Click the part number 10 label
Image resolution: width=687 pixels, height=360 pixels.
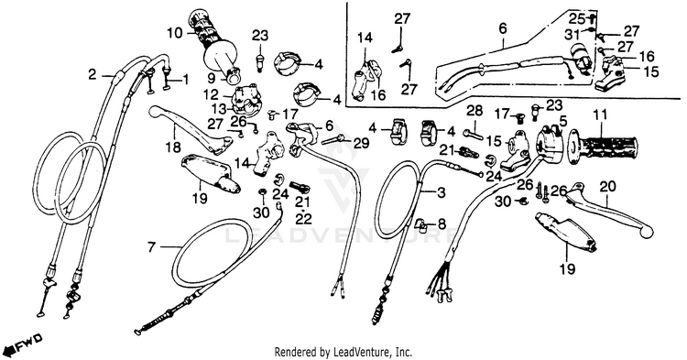click(174, 33)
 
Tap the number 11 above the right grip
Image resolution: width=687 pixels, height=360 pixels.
click(600, 115)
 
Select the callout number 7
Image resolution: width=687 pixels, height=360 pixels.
click(151, 248)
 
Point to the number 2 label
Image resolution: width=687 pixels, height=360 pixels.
click(92, 75)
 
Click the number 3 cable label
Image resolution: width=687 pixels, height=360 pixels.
click(441, 192)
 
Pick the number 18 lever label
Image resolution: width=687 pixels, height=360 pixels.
click(174, 147)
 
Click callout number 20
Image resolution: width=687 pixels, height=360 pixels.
click(607, 187)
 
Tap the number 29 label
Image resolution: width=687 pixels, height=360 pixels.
click(361, 143)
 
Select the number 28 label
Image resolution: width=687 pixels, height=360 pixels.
click(474, 111)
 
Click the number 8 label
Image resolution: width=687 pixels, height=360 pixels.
click(442, 224)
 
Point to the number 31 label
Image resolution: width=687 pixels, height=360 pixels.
click(572, 34)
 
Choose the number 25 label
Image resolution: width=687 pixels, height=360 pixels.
click(576, 19)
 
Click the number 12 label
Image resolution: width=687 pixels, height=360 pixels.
click(211, 94)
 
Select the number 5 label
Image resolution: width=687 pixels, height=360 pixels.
click(563, 120)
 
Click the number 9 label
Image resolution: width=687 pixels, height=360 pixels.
click(212, 79)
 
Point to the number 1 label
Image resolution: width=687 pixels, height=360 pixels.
click(185, 80)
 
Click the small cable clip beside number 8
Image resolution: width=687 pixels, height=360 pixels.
click(420, 224)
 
